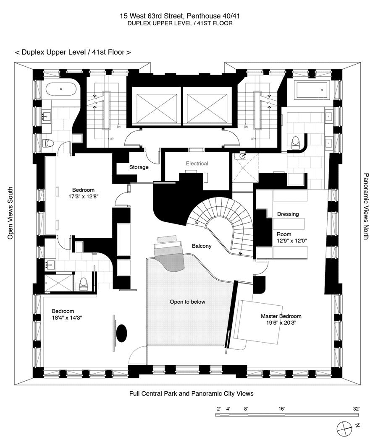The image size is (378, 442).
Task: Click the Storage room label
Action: tap(139, 167)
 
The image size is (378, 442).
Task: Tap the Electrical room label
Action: tap(197, 164)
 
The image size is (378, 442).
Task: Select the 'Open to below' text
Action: tap(187, 302)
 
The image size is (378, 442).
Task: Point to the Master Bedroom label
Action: tap(281, 316)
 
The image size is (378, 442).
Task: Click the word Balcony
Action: tap(202, 246)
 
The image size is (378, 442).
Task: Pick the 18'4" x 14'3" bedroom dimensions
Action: tap(67, 318)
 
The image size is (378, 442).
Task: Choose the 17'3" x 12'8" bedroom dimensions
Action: tap(83, 196)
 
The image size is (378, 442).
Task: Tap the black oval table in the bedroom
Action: tap(121, 333)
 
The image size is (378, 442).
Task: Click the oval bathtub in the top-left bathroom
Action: tap(61, 89)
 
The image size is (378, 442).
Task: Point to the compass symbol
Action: tap(344, 428)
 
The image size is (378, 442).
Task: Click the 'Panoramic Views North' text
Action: tap(366, 206)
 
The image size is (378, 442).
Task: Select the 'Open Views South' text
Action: tap(10, 213)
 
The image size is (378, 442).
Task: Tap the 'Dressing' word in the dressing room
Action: tap(288, 214)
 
